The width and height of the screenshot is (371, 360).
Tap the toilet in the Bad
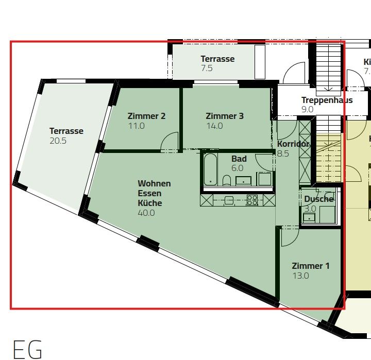tap(227, 180)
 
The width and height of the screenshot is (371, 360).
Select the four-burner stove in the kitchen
tap(252, 200)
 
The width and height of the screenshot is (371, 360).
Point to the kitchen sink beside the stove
tap(229, 200)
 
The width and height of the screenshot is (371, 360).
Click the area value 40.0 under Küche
tap(146, 213)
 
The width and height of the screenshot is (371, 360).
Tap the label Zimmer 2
tap(146, 116)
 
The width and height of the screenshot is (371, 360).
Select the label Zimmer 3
tap(224, 116)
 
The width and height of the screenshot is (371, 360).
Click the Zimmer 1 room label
tap(310, 266)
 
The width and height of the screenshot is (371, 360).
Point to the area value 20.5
tap(58, 141)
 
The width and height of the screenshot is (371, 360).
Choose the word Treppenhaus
tap(327, 100)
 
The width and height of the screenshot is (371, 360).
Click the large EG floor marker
tap(27, 349)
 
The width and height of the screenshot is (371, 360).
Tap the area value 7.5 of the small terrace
tap(207, 68)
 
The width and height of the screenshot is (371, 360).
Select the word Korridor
tap(293, 144)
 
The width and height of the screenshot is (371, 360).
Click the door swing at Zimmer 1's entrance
tap(289, 236)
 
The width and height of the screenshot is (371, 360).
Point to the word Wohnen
tap(154, 183)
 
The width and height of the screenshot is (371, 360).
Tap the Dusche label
tap(318, 199)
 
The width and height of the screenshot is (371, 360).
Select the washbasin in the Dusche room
tap(309, 217)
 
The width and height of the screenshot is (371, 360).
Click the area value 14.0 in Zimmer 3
tap(214, 126)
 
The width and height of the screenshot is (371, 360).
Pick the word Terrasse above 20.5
tap(66, 131)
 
